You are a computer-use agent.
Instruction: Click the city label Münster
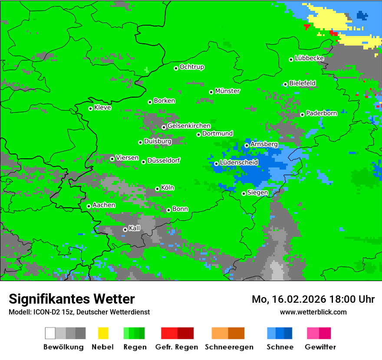[227, 91]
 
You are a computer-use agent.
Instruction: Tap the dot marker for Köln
[157, 189]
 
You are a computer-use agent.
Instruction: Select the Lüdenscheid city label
[239, 163]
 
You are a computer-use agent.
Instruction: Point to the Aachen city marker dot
[89, 206]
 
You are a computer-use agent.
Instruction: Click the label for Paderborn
[322, 113]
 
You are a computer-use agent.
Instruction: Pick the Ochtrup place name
[192, 67]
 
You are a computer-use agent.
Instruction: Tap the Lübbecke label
[310, 58]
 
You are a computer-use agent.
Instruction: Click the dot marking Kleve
[90, 108]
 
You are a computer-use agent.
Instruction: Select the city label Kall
[135, 228]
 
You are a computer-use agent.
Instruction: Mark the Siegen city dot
[244, 193]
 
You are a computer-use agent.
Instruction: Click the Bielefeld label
[303, 83]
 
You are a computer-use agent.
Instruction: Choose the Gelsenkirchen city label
[189, 126]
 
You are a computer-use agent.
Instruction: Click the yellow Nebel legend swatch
[103, 333]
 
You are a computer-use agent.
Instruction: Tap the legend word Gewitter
[320, 347]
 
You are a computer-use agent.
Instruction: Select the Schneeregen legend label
[228, 347]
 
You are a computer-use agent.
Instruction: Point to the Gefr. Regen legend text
[177, 347]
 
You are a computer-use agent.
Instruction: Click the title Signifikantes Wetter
[72, 299]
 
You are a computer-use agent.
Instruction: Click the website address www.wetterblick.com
[313, 312]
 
